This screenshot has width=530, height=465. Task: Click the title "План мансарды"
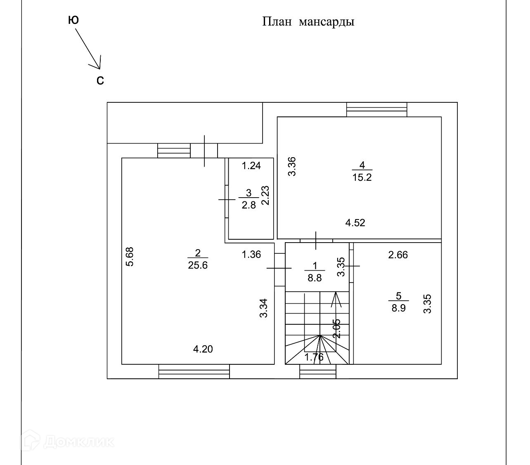coord(308,21)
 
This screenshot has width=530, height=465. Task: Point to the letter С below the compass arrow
coord(100,81)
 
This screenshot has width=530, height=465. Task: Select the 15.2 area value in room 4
coord(362,178)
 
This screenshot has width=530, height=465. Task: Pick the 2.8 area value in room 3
coord(249,205)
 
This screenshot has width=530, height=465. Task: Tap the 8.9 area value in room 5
coord(398,308)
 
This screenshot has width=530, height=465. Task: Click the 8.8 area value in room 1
coord(315,278)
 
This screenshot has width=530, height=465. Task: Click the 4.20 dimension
coord(203,349)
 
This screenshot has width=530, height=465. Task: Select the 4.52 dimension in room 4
coord(355,223)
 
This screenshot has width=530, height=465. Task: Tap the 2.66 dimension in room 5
coord(398,255)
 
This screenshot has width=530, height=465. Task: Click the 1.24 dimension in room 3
coord(251,166)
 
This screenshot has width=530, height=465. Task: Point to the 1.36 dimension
coord(251,255)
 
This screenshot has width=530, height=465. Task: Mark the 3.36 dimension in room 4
coord(292,166)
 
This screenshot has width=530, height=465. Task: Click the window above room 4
coord(376,109)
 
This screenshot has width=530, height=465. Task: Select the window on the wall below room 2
coord(194,371)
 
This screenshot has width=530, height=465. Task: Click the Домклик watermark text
coord(78,442)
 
